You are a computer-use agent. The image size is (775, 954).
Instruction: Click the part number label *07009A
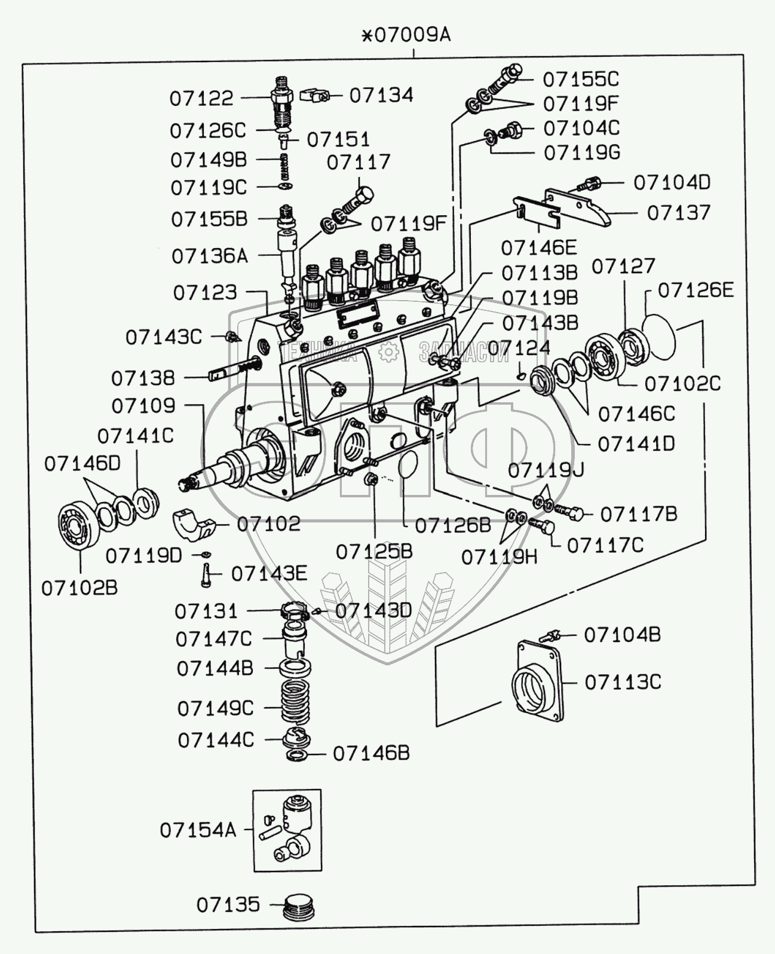pyautogui.click(x=406, y=35)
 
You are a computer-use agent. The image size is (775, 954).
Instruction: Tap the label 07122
pyautogui.click(x=201, y=99)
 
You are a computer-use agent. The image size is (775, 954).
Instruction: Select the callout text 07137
pyautogui.click(x=679, y=213)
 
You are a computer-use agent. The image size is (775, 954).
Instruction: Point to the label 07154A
pyautogui.click(x=198, y=830)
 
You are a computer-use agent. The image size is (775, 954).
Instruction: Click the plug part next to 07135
pyautogui.click(x=299, y=907)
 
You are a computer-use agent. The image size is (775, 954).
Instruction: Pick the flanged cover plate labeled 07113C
pyautogui.click(x=537, y=681)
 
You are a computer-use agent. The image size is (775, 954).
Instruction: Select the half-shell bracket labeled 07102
pyautogui.click(x=194, y=524)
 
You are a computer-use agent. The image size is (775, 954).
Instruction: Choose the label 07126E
pyautogui.click(x=696, y=291)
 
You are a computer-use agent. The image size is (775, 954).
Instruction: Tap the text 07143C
pyautogui.click(x=163, y=338)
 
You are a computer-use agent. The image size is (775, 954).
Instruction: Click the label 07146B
pyautogui.click(x=371, y=753)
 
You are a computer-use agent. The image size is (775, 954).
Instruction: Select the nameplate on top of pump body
pyautogui.click(x=358, y=316)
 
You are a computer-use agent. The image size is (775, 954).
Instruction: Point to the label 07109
pyautogui.click(x=143, y=406)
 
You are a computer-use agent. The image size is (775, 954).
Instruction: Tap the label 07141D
pyautogui.click(x=636, y=444)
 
